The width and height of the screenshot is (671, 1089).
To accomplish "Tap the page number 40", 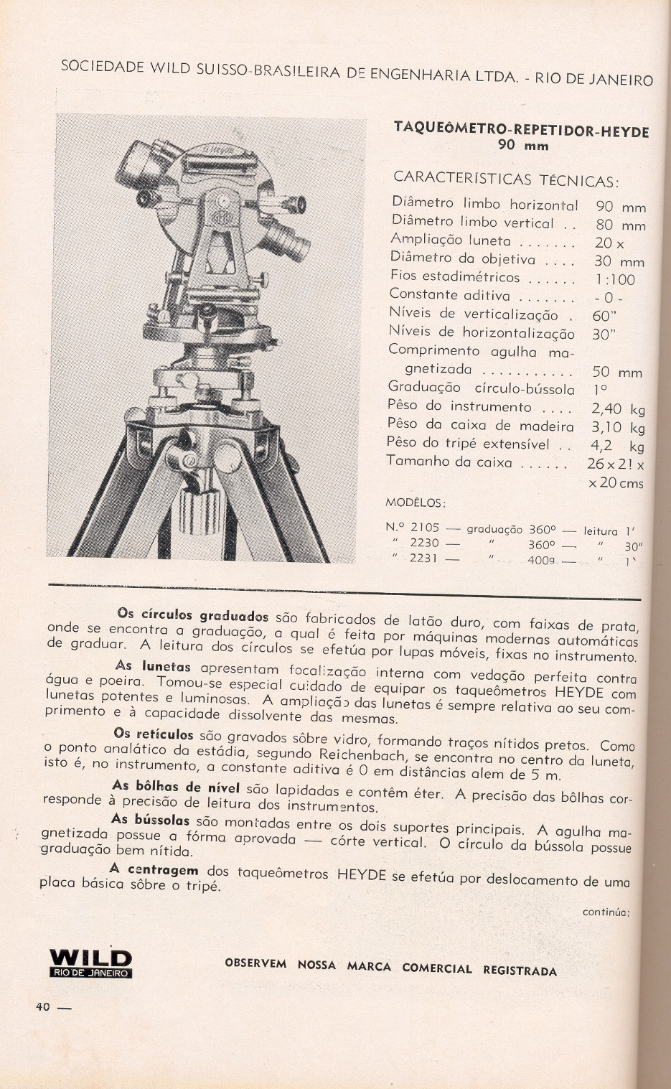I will [x=43, y=1006].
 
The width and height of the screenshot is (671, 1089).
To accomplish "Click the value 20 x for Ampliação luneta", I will [x=609, y=243].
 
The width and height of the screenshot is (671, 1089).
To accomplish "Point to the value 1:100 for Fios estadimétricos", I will [x=615, y=280].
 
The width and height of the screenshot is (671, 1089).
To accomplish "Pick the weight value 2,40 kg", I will [x=617, y=409].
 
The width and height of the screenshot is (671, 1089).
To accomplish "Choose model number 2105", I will [x=424, y=528].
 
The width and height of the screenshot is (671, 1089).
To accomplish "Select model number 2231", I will [x=423, y=558].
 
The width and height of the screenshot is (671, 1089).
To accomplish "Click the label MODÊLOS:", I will [x=416, y=501].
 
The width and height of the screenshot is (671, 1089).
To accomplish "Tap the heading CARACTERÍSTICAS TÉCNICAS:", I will [x=506, y=178].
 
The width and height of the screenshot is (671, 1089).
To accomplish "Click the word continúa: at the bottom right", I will [x=606, y=912].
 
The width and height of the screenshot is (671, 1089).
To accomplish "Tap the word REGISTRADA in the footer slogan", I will [x=520, y=971].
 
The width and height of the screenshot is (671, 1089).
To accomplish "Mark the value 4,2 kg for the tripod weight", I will [x=616, y=446].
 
